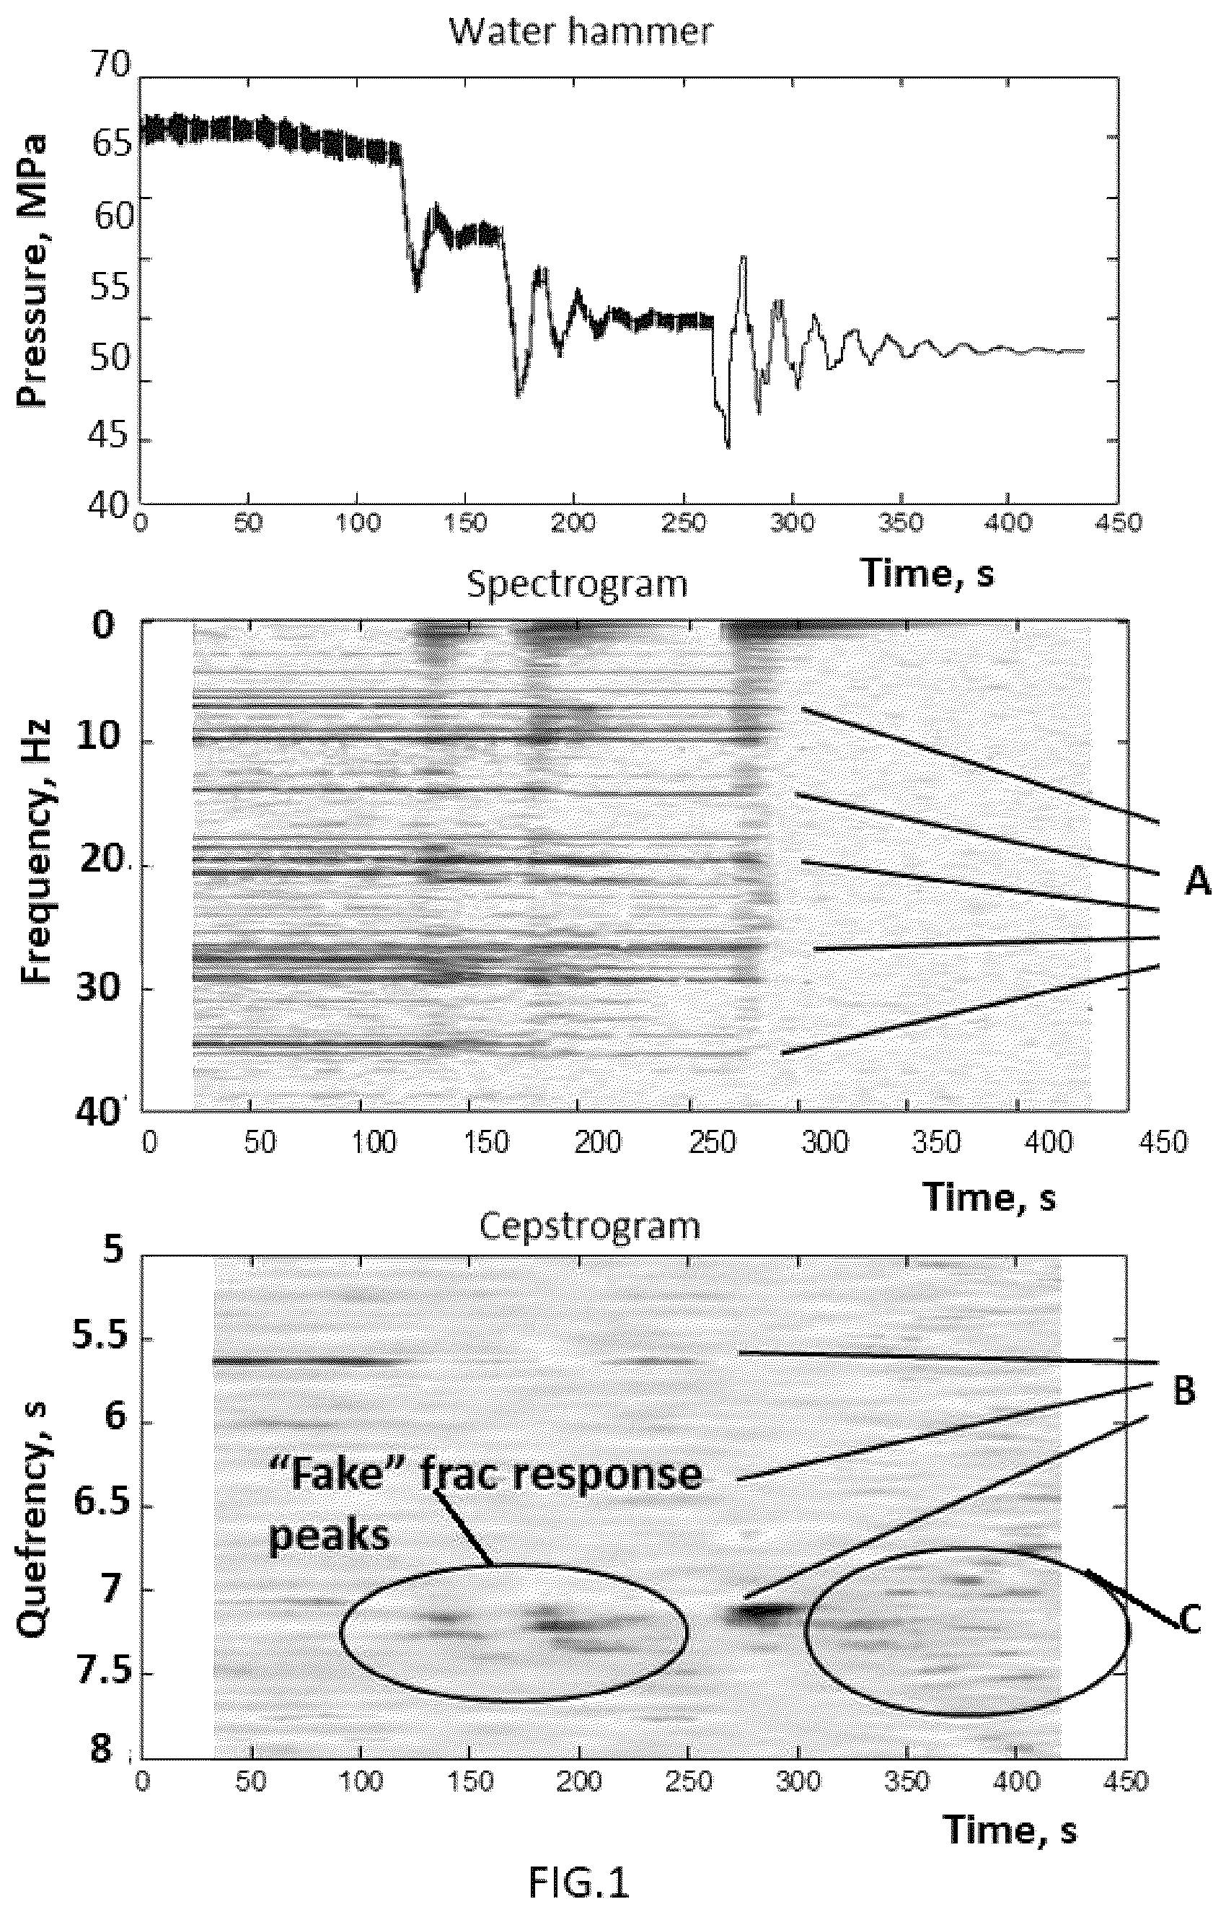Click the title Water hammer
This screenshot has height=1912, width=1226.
point(581,32)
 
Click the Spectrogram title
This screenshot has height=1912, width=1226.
point(577,585)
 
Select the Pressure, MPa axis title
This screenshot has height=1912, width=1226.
point(32,271)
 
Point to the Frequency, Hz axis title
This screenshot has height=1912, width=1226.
point(36,852)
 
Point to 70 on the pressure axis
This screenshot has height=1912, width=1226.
point(109,63)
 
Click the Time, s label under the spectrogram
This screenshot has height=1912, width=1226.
point(989,1196)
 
